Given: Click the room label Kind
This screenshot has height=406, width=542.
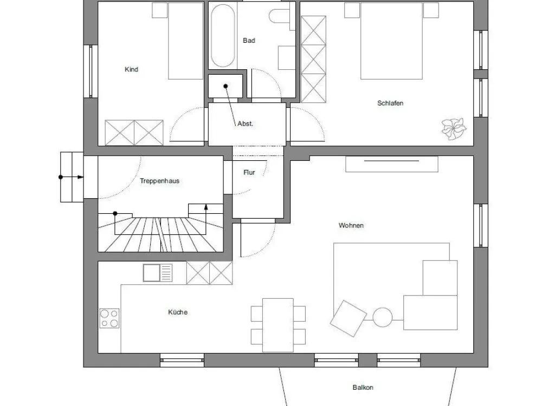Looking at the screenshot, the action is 131,69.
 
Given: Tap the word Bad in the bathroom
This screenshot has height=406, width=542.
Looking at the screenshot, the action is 249,41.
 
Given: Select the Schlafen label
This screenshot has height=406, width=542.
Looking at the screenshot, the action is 390,103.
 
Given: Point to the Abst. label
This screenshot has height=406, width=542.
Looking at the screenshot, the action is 245,123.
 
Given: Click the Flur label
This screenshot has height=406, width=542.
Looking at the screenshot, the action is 249,172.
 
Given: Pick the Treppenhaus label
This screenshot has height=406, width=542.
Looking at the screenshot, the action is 160,181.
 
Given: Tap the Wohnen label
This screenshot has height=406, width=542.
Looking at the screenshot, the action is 351,225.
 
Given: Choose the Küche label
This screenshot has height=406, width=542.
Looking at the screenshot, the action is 178,312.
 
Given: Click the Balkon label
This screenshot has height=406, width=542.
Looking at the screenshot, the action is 363,388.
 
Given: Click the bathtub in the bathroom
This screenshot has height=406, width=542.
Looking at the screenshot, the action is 223,36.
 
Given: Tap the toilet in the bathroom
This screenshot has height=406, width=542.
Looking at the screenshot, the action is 280,16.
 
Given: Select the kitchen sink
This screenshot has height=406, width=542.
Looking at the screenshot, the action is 158,273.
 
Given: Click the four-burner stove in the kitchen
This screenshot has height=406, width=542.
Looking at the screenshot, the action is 109,318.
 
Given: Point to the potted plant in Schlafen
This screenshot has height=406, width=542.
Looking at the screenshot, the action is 454,129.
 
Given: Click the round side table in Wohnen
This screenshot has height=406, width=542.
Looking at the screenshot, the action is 383,317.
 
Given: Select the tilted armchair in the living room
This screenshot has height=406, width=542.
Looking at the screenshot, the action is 349,318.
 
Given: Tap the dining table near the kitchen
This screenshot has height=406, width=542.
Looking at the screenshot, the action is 278,325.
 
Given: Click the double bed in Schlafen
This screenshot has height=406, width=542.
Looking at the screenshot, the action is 391,41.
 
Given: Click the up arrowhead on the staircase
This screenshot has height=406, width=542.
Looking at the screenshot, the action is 206,207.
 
